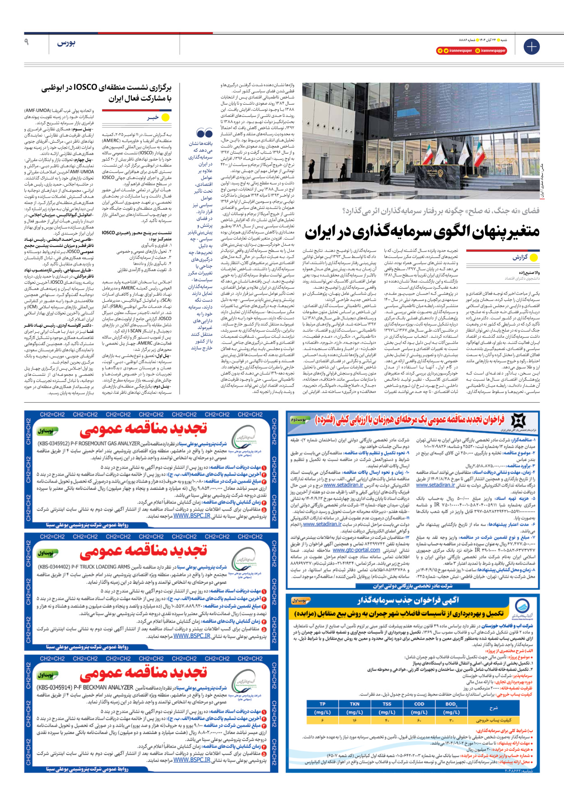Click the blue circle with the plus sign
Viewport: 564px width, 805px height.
coord(532,46)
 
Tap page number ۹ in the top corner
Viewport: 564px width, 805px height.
coord(27,42)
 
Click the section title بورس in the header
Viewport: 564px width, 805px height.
coord(66,43)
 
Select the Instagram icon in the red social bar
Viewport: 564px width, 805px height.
coord(477,51)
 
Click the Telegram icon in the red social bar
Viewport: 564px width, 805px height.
coord(440,51)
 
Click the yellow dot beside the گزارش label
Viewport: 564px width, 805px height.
coord(534,258)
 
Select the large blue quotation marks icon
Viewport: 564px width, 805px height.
coord(204,133)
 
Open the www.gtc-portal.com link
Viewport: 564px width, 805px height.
coord(356,550)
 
